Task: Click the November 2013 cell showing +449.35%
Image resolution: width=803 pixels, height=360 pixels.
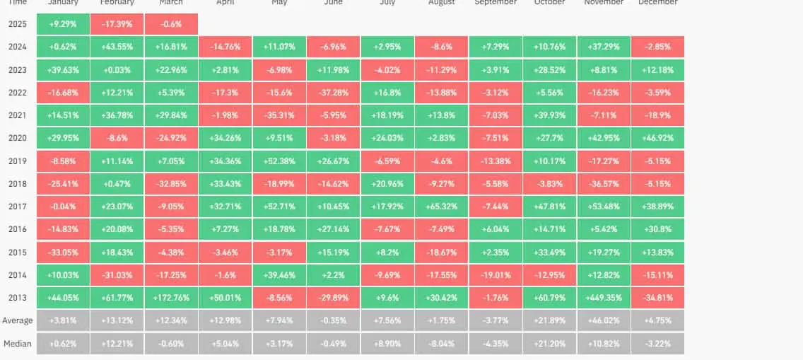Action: click(x=604, y=297)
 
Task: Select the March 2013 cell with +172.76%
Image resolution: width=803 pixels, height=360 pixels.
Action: click(x=170, y=297)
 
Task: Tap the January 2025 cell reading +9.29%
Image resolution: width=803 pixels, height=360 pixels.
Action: click(x=62, y=24)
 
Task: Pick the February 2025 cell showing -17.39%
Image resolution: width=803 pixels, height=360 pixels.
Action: click(x=117, y=24)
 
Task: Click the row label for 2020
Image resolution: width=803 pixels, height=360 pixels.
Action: click(x=18, y=138)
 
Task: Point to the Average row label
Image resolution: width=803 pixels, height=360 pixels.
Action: click(x=18, y=320)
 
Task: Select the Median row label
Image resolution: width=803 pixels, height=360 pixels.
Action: click(x=18, y=343)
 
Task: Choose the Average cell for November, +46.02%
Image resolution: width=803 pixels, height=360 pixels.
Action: click(x=604, y=320)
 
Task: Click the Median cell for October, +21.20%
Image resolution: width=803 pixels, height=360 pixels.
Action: click(x=549, y=343)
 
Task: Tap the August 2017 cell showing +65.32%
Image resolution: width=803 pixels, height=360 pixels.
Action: click(x=441, y=207)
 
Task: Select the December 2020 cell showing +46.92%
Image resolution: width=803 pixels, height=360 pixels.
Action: click(x=657, y=138)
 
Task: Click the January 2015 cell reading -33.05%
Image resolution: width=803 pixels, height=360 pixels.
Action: click(x=62, y=252)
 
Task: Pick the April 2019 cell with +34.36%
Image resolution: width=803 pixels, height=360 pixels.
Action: click(x=225, y=161)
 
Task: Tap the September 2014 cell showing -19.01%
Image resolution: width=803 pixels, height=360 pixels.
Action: click(x=496, y=274)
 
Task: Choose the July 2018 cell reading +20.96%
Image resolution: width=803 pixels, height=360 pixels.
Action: click(x=387, y=184)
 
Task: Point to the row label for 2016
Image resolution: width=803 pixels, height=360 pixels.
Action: click(x=18, y=229)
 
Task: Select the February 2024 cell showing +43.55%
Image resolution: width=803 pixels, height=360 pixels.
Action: click(x=117, y=47)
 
